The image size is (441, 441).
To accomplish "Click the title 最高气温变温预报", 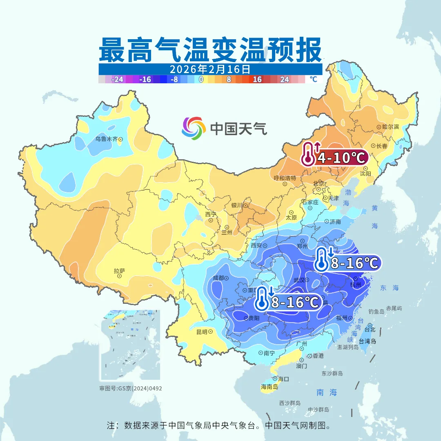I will click(210, 50).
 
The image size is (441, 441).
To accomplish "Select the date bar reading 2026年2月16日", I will click(210, 69).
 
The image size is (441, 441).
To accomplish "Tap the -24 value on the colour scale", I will click(118, 80).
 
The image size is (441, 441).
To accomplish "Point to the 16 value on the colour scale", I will click(257, 80).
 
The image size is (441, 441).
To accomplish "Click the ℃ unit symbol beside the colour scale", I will click(313, 79).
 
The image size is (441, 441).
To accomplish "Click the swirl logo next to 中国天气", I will click(194, 128).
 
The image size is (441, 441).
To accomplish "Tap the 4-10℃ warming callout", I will click(335, 157).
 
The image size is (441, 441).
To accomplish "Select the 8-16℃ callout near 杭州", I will click(347, 263).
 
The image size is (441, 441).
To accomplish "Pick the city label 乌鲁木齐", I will click(106, 139).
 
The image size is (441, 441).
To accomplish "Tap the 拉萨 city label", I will click(119, 271).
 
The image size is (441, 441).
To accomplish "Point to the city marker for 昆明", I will click(210, 332).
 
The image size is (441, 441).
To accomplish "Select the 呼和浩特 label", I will click(285, 178).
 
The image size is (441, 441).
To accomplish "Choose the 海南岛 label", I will click(269, 387).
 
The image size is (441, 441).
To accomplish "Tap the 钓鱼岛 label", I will click(376, 312).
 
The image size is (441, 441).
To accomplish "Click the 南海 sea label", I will click(327, 392).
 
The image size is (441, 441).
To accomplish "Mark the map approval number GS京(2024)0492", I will click(131, 388).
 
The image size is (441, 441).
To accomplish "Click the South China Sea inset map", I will click(130, 345).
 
